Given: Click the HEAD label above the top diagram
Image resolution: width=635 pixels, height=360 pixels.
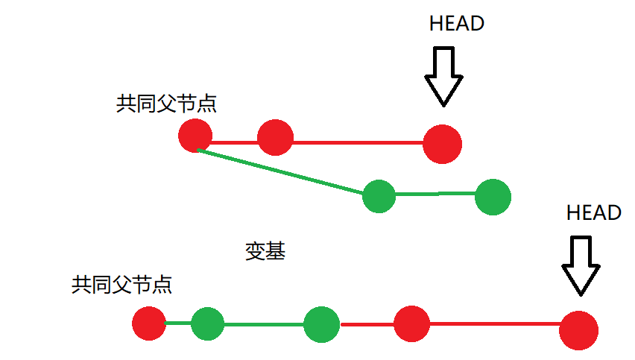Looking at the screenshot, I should click(x=457, y=24).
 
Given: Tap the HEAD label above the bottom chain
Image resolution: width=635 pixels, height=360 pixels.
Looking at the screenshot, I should click(x=594, y=213).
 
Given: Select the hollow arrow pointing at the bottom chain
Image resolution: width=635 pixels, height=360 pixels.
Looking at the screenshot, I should click(x=581, y=265).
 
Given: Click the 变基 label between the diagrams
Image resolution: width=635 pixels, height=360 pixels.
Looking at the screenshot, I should click(x=265, y=251).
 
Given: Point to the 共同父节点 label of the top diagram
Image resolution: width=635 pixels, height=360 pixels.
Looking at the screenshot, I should click(x=166, y=104).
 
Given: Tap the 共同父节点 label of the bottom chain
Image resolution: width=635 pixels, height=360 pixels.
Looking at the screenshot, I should click(x=121, y=284).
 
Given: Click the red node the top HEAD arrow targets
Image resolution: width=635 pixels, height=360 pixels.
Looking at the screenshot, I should click(x=442, y=143).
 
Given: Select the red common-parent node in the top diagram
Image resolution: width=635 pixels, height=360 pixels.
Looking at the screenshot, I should click(x=196, y=136).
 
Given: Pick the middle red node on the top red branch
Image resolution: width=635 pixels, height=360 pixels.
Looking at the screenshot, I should click(x=274, y=137).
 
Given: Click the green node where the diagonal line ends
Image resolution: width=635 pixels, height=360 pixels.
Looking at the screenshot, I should click(x=379, y=197).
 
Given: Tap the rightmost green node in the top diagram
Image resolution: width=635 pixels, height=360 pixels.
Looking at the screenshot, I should click(x=492, y=197).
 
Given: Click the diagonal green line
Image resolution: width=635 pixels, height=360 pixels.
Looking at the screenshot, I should click(x=283, y=172).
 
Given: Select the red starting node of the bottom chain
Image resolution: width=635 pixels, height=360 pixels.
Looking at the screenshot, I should click(x=149, y=323).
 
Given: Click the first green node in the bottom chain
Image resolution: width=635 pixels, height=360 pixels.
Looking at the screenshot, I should click(x=207, y=323).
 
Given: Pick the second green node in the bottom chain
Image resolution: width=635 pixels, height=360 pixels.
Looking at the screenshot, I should click(x=322, y=324).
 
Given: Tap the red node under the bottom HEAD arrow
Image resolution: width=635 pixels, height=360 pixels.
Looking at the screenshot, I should click(x=578, y=330).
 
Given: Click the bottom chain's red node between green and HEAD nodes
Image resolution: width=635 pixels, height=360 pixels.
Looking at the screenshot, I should click(x=412, y=323).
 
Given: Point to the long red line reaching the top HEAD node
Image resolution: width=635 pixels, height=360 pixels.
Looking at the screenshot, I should click(x=358, y=142).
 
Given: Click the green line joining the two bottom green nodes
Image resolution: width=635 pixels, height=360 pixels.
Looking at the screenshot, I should click(x=264, y=324).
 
